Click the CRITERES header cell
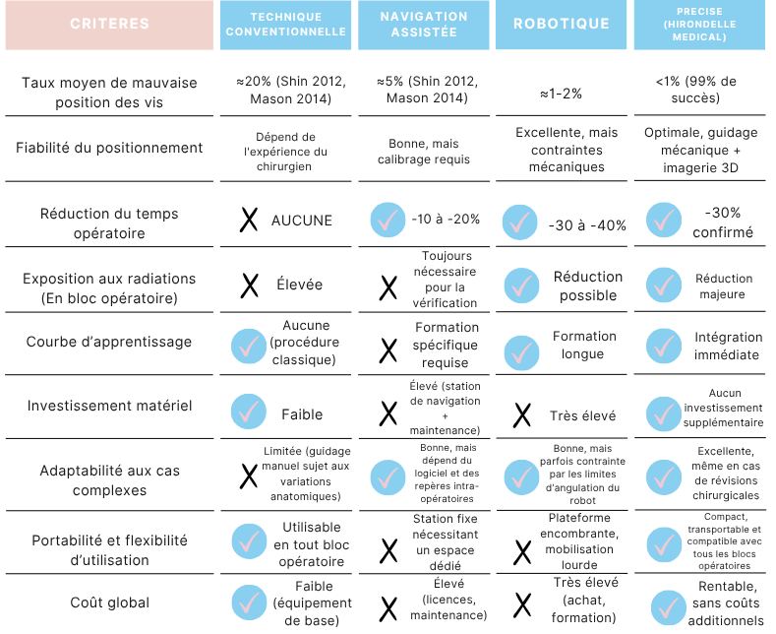click(x=109, y=25)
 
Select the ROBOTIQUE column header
click(x=562, y=25)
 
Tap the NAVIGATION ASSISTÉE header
click(x=424, y=25)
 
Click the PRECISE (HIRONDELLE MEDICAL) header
click(x=699, y=25)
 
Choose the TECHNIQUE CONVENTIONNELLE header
click(x=285, y=25)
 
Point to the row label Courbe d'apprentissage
click(x=109, y=342)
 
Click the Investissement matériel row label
click(x=109, y=406)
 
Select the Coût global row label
click(x=109, y=602)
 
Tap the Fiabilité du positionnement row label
click(x=109, y=148)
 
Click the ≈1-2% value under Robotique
click(x=561, y=94)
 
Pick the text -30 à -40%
click(x=587, y=225)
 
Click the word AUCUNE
click(x=301, y=221)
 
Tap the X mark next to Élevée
click(x=250, y=285)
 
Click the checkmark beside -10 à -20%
click(x=388, y=220)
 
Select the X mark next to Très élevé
click(x=522, y=415)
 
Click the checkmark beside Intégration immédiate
click(x=664, y=347)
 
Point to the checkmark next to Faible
click(x=249, y=412)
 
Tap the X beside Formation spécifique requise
click(x=388, y=350)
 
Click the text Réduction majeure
click(x=724, y=286)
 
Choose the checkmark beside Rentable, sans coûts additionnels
click(x=669, y=607)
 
